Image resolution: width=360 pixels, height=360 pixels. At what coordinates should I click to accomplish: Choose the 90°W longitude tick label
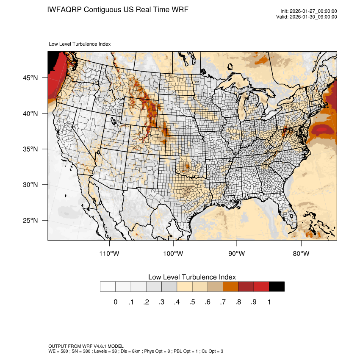tap(237, 254)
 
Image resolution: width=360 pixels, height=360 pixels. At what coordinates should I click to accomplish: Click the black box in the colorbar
tap(277, 287)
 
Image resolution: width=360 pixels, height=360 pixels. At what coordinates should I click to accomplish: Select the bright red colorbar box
tap(261, 287)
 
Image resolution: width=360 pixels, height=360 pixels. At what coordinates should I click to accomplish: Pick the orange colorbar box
tap(231, 287)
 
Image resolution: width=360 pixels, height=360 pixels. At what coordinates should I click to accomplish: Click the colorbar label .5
tap(192, 302)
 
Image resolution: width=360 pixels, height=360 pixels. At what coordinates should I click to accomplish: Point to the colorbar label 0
tap(115, 302)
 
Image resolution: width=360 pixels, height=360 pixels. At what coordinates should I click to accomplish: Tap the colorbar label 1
tap(269, 302)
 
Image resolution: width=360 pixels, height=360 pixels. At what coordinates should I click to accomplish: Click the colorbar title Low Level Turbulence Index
tap(192, 277)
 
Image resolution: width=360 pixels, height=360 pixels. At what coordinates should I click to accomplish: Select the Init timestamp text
tap(309, 11)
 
